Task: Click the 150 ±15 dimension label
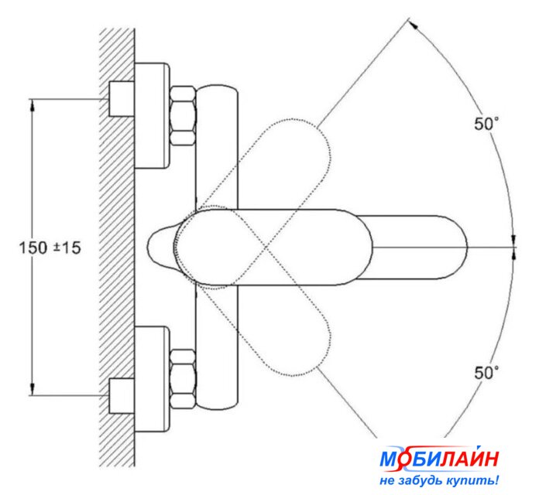(50, 247)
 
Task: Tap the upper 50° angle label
(486, 123)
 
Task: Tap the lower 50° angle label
(486, 373)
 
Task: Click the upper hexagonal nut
(184, 116)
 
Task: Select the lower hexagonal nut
(184, 379)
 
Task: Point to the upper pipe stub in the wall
(122, 99)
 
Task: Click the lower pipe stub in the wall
(122, 396)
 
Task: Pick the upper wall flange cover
(152, 116)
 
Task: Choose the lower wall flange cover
(152, 379)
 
